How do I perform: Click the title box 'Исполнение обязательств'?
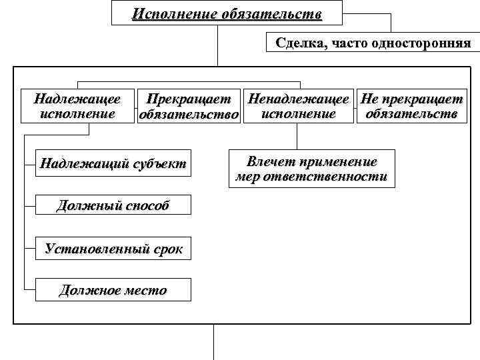tap(227, 13)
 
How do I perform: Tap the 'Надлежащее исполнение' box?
tap(77, 107)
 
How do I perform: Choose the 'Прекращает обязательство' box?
tap(189, 107)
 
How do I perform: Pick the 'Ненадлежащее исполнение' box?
tap(297, 107)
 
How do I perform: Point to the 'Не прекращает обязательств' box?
tap(411, 107)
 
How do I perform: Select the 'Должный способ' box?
tap(113, 205)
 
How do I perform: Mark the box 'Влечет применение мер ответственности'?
tap(311, 170)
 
